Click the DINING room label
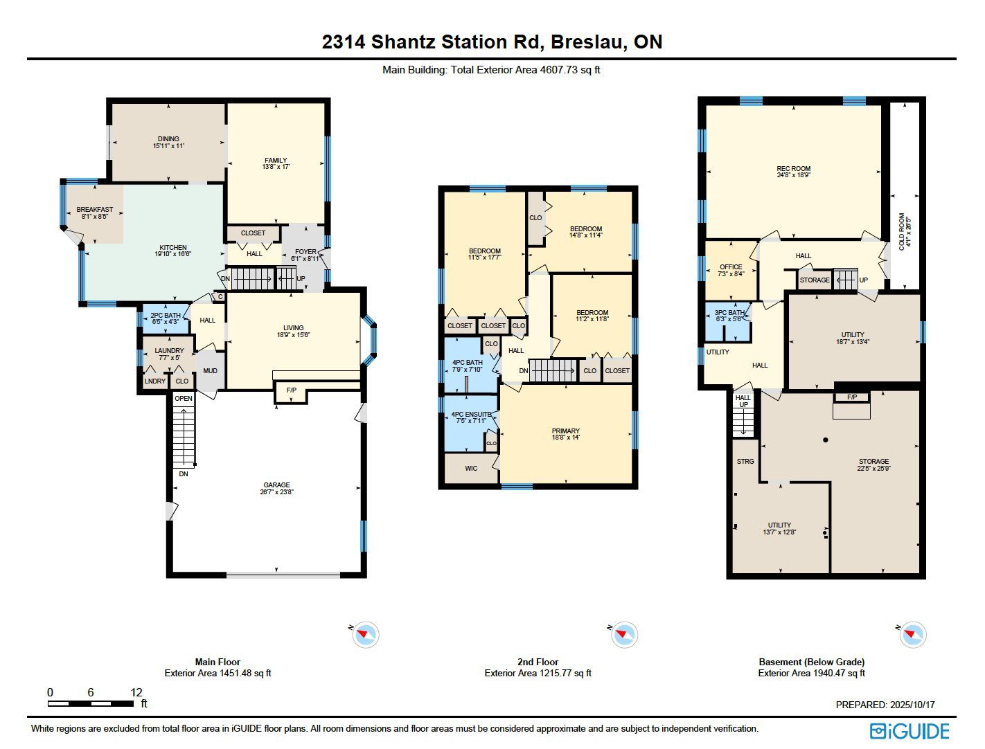click(168, 138)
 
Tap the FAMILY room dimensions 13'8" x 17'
click(276, 167)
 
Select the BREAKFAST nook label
click(95, 210)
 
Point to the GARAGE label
click(276, 485)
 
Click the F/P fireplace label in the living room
click(291, 390)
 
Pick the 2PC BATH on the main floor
click(166, 315)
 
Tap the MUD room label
click(210, 371)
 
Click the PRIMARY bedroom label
click(566, 431)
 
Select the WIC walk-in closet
click(471, 468)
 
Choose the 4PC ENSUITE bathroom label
click(471, 414)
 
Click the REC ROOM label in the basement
click(793, 169)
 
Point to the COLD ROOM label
click(902, 231)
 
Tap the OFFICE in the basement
click(731, 267)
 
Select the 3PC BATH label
click(729, 313)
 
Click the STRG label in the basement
click(745, 461)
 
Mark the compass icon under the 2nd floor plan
click(624, 635)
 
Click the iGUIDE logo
click(909, 731)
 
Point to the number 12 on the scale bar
click(136, 692)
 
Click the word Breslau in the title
click(588, 42)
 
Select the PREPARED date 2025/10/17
click(913, 705)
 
